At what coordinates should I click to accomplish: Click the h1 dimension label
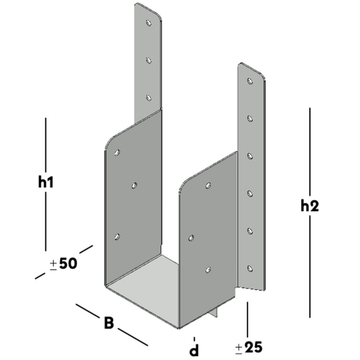tap(46, 183)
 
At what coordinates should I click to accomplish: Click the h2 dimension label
tap(310, 206)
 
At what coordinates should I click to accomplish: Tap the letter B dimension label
tap(109, 323)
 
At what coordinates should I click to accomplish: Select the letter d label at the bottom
tap(194, 350)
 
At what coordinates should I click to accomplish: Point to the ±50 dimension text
tap(63, 264)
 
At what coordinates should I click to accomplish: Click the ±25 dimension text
tap(249, 347)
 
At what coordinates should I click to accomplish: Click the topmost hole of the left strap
tap(149, 22)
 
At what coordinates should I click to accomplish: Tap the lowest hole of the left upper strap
tap(148, 98)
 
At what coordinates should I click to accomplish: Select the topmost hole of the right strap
tap(250, 81)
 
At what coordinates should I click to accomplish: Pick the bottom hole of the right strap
tap(250, 268)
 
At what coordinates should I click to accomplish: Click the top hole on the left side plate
tap(117, 153)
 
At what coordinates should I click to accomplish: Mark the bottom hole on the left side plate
tap(117, 237)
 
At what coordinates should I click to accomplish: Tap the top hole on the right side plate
tap(208, 185)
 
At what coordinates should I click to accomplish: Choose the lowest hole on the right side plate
tap(208, 270)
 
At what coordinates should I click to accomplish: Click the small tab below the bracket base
tap(214, 312)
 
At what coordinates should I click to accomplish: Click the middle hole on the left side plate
tap(134, 185)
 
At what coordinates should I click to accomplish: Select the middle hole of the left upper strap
tap(148, 60)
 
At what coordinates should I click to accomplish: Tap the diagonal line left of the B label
tap(88, 311)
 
